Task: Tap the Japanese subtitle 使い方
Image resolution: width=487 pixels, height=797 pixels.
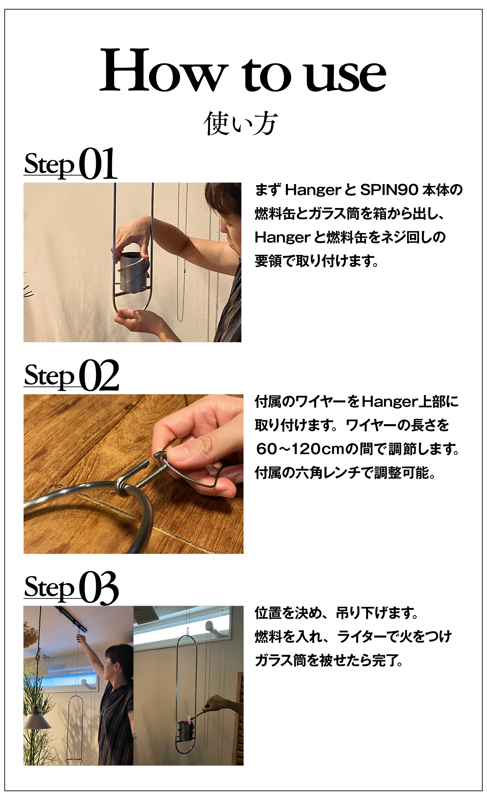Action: click(x=240, y=123)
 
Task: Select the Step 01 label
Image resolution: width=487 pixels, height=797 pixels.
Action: click(x=71, y=163)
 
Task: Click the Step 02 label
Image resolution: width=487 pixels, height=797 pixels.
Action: click(x=71, y=375)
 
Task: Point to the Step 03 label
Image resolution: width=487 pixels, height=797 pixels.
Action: click(x=71, y=587)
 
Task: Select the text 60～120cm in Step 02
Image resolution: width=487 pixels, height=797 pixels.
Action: click(x=301, y=449)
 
